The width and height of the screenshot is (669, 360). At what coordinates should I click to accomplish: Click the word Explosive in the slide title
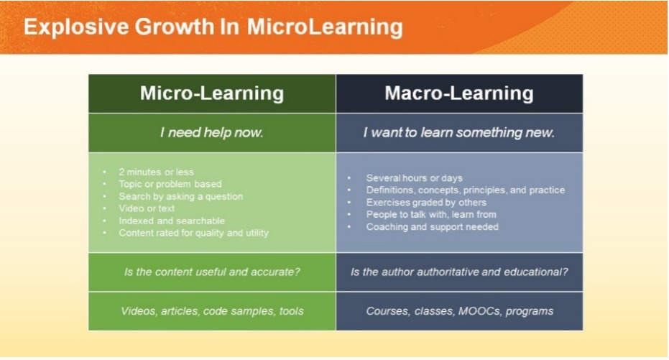coord(76,27)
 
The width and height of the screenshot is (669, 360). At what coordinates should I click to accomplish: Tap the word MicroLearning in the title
coord(325,27)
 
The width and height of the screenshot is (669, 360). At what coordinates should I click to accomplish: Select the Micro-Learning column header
coord(212,93)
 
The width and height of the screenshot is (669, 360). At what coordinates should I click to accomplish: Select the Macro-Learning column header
coord(459,93)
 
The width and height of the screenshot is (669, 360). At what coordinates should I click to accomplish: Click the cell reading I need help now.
coord(212,133)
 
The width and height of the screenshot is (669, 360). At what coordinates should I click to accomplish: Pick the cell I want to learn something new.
coord(459,133)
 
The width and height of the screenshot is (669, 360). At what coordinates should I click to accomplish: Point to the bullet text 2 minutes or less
coord(156,172)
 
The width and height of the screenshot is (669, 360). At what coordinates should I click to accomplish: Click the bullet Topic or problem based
coord(170,184)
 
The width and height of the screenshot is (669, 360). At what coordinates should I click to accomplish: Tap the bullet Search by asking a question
coord(181,197)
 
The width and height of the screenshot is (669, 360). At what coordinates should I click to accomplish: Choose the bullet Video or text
coord(147,208)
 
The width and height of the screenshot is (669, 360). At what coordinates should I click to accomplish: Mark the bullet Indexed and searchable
coord(172,221)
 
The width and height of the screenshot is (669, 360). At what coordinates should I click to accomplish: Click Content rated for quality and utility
coord(194,234)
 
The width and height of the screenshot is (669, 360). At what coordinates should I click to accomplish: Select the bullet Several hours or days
coord(415,178)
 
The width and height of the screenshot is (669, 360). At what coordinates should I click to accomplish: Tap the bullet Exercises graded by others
coord(426,203)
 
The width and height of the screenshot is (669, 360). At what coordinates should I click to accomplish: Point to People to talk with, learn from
coord(431,215)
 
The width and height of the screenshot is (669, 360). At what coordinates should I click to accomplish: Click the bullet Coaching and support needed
coord(432,227)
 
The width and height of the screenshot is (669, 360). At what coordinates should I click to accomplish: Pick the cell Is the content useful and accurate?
coord(212,272)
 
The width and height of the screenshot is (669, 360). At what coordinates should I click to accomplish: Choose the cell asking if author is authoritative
coord(459,272)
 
